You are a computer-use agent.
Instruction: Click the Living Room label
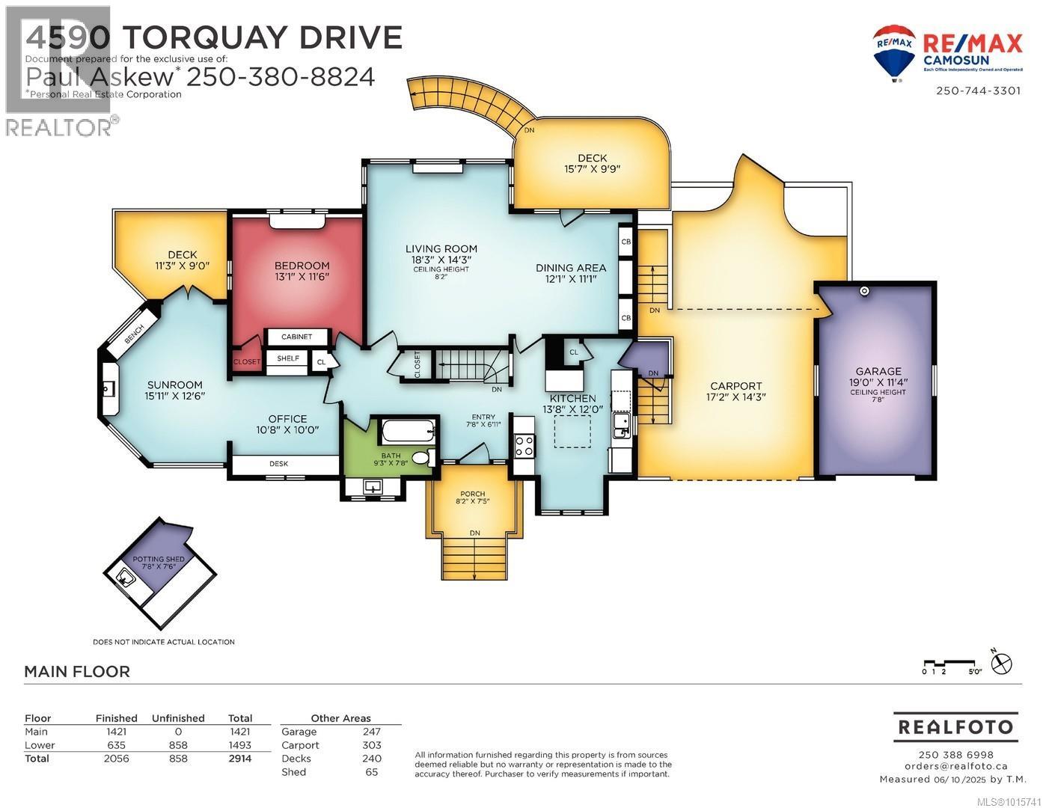tap(441, 249)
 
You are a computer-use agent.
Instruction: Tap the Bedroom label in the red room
tap(302, 266)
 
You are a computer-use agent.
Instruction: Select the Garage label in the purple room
tap(878, 371)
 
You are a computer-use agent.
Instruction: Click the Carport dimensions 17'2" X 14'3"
tap(736, 397)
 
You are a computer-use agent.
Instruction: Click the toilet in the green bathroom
tap(423, 457)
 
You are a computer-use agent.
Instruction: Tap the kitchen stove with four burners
tap(524, 446)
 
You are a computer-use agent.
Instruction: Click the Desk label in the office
tap(278, 464)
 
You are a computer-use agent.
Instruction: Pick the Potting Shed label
tap(153, 560)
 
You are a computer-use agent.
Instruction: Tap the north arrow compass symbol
tap(1001, 663)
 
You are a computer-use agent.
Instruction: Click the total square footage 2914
tap(240, 758)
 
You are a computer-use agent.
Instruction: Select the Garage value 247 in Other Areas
tap(371, 732)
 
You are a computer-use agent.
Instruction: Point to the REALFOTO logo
tap(955, 726)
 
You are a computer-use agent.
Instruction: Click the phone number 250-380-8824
tap(280, 76)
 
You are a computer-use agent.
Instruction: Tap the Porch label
tap(472, 494)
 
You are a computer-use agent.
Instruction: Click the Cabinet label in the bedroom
tap(296, 337)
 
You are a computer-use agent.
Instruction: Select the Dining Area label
tap(570, 267)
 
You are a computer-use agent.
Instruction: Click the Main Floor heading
tap(77, 671)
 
